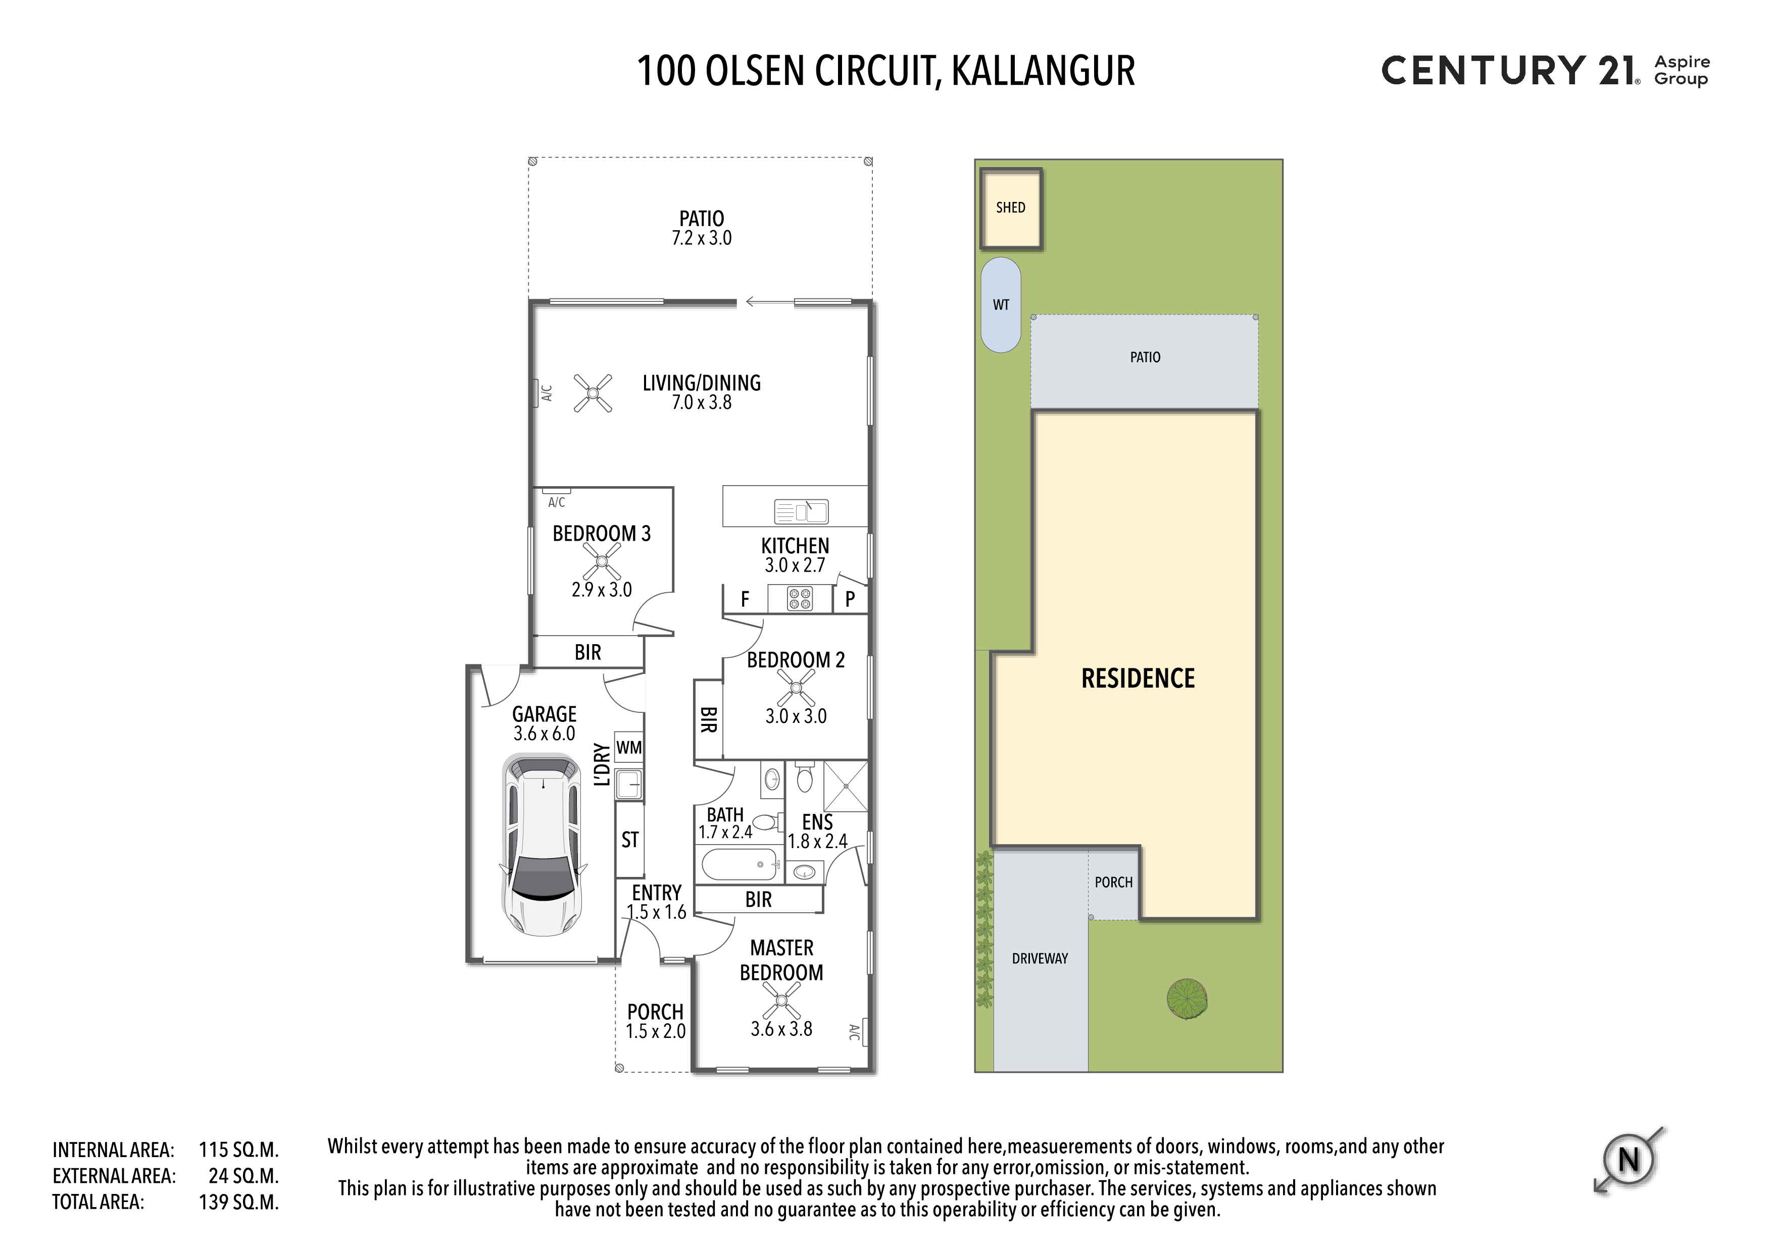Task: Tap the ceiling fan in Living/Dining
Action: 593,393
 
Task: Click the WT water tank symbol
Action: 1001,305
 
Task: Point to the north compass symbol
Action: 1629,1160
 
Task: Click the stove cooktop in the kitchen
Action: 800,599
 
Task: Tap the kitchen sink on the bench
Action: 801,511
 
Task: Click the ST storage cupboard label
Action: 630,840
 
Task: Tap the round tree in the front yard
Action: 1187,999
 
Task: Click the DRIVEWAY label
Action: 1040,958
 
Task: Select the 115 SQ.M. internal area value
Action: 238,1150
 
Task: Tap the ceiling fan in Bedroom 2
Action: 796,687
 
